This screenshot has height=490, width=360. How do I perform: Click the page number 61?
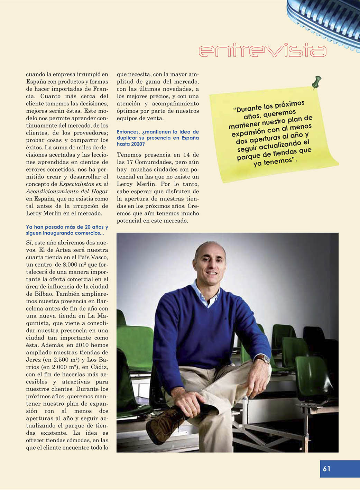pos(326,469)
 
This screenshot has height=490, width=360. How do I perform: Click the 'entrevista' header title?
pos(262,50)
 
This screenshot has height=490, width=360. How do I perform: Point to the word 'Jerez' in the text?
pos(34,360)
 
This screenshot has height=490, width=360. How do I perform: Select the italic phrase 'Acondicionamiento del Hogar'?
pos(67,192)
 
